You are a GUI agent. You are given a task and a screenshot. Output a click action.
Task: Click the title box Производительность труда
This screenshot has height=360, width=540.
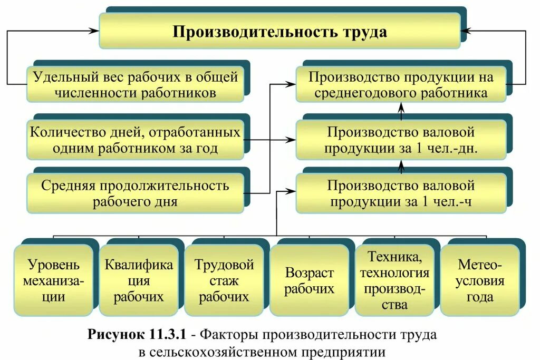pyautogui.click(x=279, y=32)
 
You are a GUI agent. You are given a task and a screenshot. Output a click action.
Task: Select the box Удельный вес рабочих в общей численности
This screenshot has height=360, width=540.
pyautogui.click(x=136, y=84)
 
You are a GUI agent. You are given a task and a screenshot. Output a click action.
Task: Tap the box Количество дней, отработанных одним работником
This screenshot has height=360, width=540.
pyautogui.click(x=136, y=140)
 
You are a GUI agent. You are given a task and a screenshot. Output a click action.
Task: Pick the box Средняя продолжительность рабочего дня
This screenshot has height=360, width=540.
pyautogui.click(x=136, y=193)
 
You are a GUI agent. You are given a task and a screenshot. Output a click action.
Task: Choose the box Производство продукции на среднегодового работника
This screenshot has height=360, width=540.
pyautogui.click(x=401, y=84)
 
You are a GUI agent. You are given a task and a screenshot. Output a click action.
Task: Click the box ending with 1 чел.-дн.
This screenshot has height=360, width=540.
pyautogui.click(x=401, y=140)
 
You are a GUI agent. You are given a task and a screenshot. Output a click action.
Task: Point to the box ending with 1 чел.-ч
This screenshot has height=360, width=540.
pyautogui.click(x=401, y=193)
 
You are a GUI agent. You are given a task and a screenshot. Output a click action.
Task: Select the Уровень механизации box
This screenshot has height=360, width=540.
pyautogui.click(x=54, y=279)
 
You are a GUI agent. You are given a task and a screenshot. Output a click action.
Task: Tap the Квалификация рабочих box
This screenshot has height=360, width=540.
pyautogui.click(x=138, y=279)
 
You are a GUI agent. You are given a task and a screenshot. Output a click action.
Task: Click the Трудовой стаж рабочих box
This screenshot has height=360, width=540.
pyautogui.click(x=224, y=279)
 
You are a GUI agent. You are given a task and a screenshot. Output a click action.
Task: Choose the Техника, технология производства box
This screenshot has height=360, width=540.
pyautogui.click(x=394, y=279)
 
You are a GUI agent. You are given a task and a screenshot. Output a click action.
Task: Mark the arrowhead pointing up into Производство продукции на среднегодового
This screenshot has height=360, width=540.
pyautogui.click(x=401, y=106)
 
